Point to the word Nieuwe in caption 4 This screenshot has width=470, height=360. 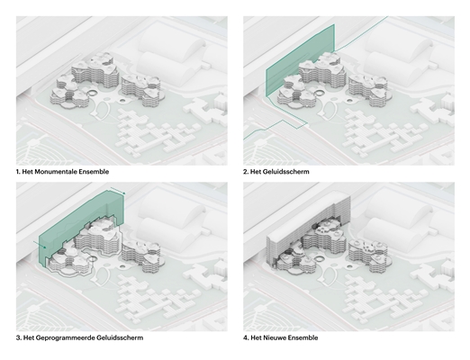(275, 337)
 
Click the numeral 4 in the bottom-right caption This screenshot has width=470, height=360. (246, 337)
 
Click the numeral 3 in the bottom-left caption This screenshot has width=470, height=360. (18, 337)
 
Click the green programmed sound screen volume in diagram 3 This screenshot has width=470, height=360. (79, 227)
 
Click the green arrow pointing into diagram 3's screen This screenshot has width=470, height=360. (40, 244)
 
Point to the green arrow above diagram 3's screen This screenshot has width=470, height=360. (118, 190)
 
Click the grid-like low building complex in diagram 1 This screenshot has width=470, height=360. (155, 132)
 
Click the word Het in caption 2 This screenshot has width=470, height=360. (256, 172)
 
